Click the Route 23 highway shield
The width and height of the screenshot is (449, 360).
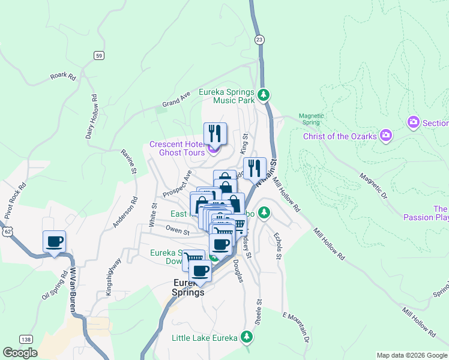click(259, 40)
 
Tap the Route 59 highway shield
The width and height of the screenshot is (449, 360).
click(100, 55)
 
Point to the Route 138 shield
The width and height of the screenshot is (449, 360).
click(25, 339)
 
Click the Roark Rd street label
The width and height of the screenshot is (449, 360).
click(63, 77)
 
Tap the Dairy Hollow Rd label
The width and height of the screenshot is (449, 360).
click(91, 116)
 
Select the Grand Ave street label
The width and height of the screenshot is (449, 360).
click(176, 100)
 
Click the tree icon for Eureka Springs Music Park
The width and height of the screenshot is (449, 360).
click(263, 95)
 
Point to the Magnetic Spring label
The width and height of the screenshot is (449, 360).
click(312, 119)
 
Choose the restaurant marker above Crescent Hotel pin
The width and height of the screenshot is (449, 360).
click(214, 133)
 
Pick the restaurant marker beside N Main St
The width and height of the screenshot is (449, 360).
click(254, 167)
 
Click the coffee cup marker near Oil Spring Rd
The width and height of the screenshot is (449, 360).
click(54, 242)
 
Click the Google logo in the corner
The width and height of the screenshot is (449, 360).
click(20, 353)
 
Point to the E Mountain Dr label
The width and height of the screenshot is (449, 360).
click(297, 327)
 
